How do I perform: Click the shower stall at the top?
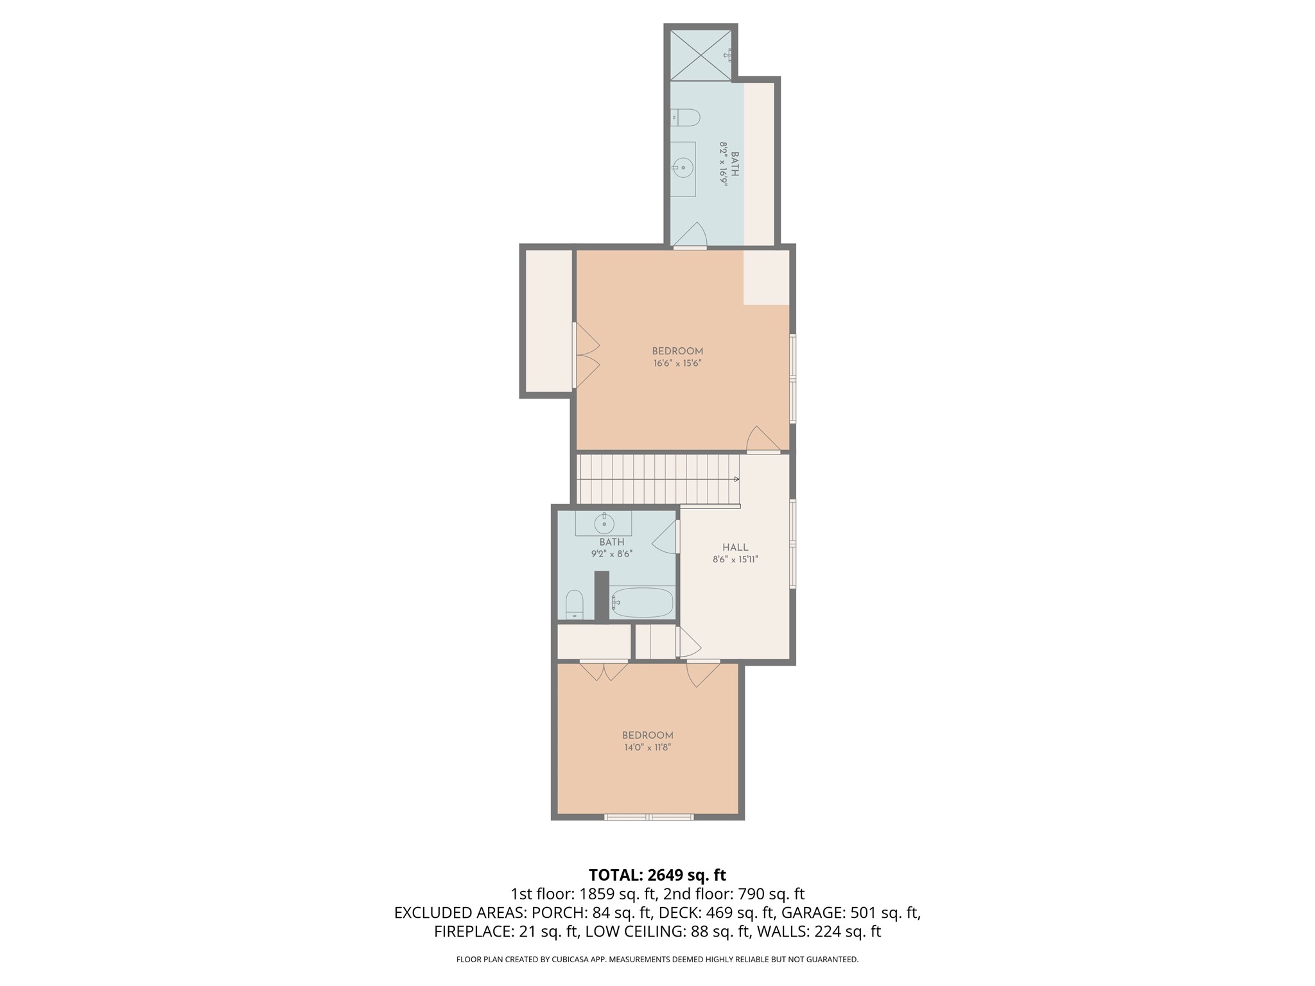click(x=701, y=55)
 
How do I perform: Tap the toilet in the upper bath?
click(x=686, y=117)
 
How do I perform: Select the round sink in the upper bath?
click(x=683, y=169)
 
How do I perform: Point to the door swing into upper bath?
click(x=691, y=236)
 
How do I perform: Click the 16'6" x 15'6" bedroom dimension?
click(x=677, y=363)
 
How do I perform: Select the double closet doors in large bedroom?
click(x=586, y=356)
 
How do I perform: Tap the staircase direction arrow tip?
click(x=737, y=479)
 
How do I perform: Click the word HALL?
click(x=735, y=548)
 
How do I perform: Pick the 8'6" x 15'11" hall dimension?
click(x=735, y=560)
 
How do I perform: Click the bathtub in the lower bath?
click(x=642, y=603)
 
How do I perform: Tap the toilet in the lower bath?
click(x=574, y=604)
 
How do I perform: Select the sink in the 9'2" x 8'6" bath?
click(x=604, y=523)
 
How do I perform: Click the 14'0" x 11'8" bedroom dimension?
click(x=647, y=747)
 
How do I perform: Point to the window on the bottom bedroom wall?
click(x=649, y=817)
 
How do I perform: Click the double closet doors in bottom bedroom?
click(x=604, y=671)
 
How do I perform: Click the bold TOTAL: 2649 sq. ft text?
click(x=657, y=875)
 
